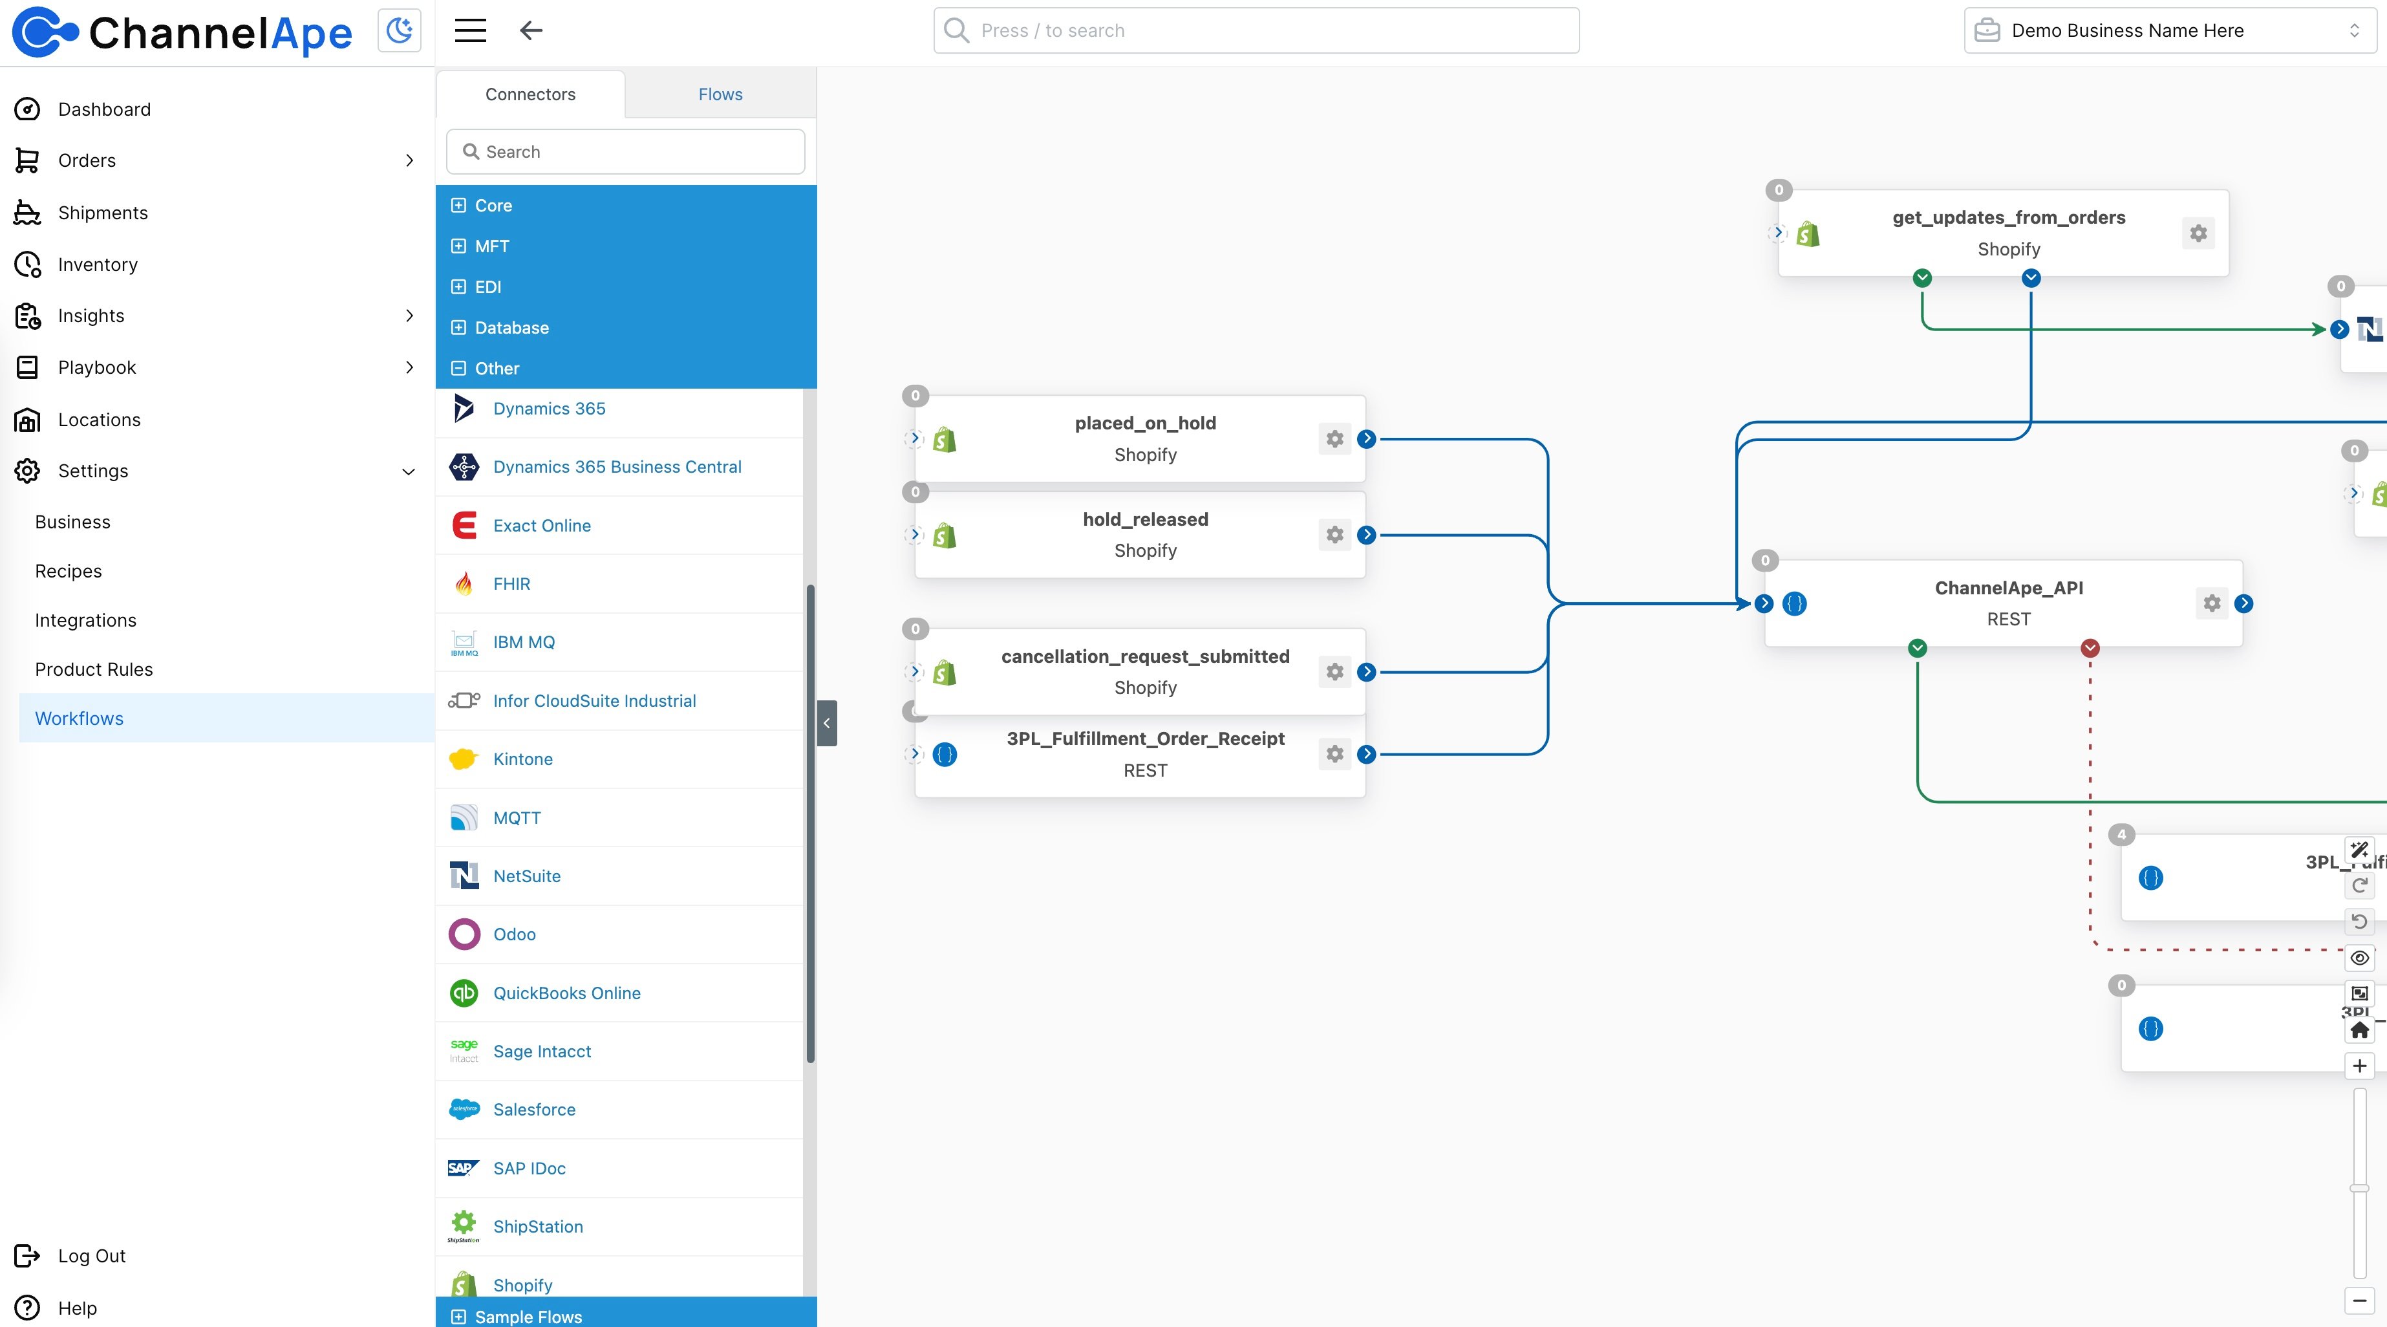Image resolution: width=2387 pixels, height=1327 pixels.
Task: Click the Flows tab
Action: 720,94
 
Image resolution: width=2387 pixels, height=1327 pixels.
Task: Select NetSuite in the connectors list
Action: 526,876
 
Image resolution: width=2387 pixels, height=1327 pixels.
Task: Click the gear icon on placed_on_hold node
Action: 1334,439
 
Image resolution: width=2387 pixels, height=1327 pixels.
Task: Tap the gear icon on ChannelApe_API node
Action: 2212,604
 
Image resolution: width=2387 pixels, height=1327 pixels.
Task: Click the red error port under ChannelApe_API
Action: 2090,648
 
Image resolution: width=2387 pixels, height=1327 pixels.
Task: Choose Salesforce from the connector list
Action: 534,1109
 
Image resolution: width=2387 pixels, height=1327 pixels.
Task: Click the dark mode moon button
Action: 400,30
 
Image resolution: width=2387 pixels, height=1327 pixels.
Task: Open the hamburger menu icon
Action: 470,30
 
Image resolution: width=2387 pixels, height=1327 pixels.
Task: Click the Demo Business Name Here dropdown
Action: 2168,30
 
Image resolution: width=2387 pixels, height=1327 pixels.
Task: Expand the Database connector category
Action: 511,328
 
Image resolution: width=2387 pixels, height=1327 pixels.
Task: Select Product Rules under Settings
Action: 94,669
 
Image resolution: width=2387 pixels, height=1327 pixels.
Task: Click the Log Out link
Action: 91,1256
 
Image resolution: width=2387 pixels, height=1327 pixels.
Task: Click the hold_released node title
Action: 1145,519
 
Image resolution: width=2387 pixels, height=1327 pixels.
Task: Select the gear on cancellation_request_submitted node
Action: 1334,672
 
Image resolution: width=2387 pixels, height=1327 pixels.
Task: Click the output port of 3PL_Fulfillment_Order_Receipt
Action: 1367,754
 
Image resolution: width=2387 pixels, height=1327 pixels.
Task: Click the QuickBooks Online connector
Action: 566,993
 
